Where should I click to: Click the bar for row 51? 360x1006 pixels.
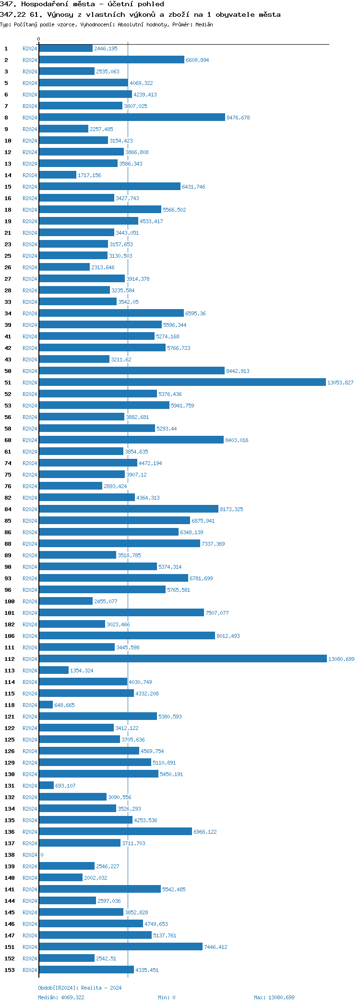point(182,383)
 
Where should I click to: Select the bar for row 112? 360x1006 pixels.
point(182,659)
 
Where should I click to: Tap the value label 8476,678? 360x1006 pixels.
point(238,118)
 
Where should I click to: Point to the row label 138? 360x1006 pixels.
point(10,855)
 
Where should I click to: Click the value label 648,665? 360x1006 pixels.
point(64,705)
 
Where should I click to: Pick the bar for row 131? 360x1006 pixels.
point(47,786)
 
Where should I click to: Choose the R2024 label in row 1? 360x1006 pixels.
point(30,48)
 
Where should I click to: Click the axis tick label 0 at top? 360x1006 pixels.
point(39,39)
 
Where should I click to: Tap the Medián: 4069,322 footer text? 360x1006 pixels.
point(61,997)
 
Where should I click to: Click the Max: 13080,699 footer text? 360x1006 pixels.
point(274,997)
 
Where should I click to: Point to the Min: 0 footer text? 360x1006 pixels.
point(167,997)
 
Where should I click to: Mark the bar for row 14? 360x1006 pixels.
point(58,175)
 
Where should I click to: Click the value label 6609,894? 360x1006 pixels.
point(197,60)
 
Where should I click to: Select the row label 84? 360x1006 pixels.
point(8,509)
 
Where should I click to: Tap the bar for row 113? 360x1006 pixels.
point(54,671)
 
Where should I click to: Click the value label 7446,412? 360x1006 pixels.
point(216,947)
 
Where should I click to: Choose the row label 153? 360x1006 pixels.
point(10,970)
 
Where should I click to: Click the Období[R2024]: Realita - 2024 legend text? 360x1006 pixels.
point(80,988)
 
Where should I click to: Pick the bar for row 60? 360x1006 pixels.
point(131,440)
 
